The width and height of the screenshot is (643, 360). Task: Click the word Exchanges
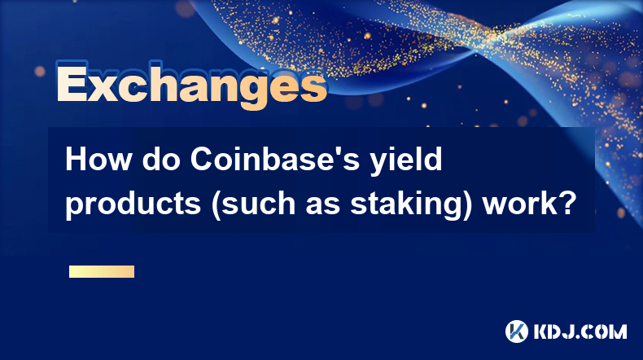191,85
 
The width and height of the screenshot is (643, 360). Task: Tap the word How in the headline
98,160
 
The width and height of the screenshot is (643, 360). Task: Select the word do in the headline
162,160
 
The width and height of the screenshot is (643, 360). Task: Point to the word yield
406,161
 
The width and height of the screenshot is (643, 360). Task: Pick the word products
133,204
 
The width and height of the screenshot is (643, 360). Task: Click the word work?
530,203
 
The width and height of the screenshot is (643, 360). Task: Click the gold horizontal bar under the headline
102,271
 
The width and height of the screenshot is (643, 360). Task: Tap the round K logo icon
517,331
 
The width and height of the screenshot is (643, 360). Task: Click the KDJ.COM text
580,331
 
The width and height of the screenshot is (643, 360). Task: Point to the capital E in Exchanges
72,83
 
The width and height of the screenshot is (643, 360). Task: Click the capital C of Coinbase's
201,160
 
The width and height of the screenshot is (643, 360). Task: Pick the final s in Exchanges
314,88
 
